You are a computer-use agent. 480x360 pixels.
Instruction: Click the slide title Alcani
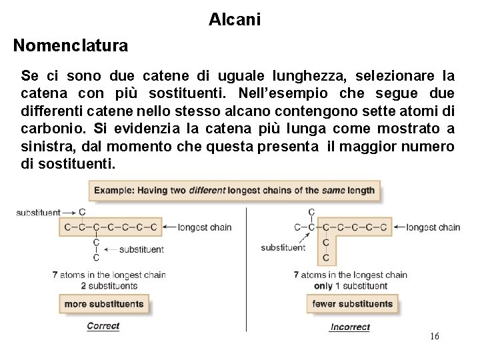[235, 20]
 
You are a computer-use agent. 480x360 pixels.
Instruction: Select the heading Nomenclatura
[70, 46]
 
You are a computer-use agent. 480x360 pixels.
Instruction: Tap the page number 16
[435, 337]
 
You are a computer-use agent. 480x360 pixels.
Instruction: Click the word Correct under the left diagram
[103, 326]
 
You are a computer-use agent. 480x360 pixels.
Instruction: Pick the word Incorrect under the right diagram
[349, 327]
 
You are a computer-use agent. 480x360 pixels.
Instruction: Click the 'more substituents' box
[103, 304]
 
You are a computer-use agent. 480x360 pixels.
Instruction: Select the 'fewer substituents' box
[352, 304]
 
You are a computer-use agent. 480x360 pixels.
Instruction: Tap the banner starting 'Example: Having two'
[235, 190]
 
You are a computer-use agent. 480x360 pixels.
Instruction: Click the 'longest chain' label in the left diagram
[205, 227]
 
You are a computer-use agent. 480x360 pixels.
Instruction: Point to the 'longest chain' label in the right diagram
[433, 227]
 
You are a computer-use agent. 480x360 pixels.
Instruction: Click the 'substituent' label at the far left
[38, 213]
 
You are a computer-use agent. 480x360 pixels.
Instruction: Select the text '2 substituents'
[109, 286]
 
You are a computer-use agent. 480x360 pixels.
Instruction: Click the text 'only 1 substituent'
[351, 286]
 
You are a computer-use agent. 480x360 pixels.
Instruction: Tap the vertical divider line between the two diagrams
[246, 267]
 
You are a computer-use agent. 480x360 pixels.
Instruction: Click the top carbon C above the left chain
[82, 213]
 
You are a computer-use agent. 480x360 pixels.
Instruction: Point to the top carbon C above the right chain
[311, 213]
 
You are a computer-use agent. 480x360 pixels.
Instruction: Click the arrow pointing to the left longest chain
[169, 227]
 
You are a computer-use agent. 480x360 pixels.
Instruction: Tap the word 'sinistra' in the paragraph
[45, 147]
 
